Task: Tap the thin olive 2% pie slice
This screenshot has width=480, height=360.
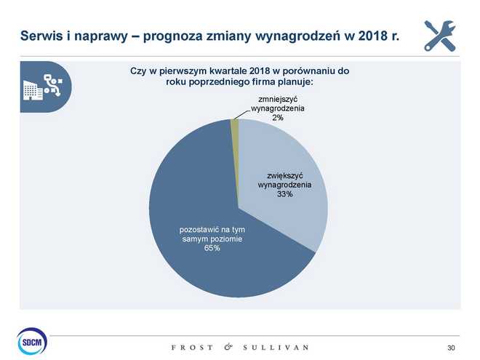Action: (235, 127)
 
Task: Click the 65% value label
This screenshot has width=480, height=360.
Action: (212, 249)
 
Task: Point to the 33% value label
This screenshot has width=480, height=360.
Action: (284, 194)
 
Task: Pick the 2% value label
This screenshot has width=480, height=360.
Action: (278, 119)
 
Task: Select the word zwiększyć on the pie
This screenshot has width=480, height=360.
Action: (284, 175)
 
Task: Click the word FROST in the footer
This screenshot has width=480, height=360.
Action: (192, 347)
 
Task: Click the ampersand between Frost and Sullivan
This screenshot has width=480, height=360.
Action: (228, 347)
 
